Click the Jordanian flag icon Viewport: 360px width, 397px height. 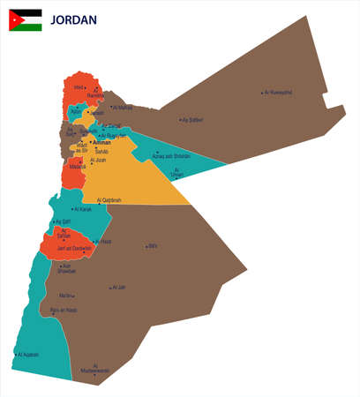tap(25, 19)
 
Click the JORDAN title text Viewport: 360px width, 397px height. tap(74, 20)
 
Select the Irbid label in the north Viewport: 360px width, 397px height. tap(79, 87)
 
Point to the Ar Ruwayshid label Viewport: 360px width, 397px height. tap(278, 93)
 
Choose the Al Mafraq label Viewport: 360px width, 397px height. tap(124, 108)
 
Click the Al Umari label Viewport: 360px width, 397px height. tap(179, 172)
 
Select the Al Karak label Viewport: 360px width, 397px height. tap(80, 210)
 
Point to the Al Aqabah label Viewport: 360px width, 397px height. tap(27, 355)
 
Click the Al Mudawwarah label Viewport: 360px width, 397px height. tap(96, 368)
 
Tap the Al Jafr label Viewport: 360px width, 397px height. tap(118, 287)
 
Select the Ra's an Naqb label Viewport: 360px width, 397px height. tap(64, 311)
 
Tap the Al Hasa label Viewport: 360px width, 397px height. tap(103, 241)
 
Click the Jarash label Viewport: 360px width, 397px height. tap(97, 113)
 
